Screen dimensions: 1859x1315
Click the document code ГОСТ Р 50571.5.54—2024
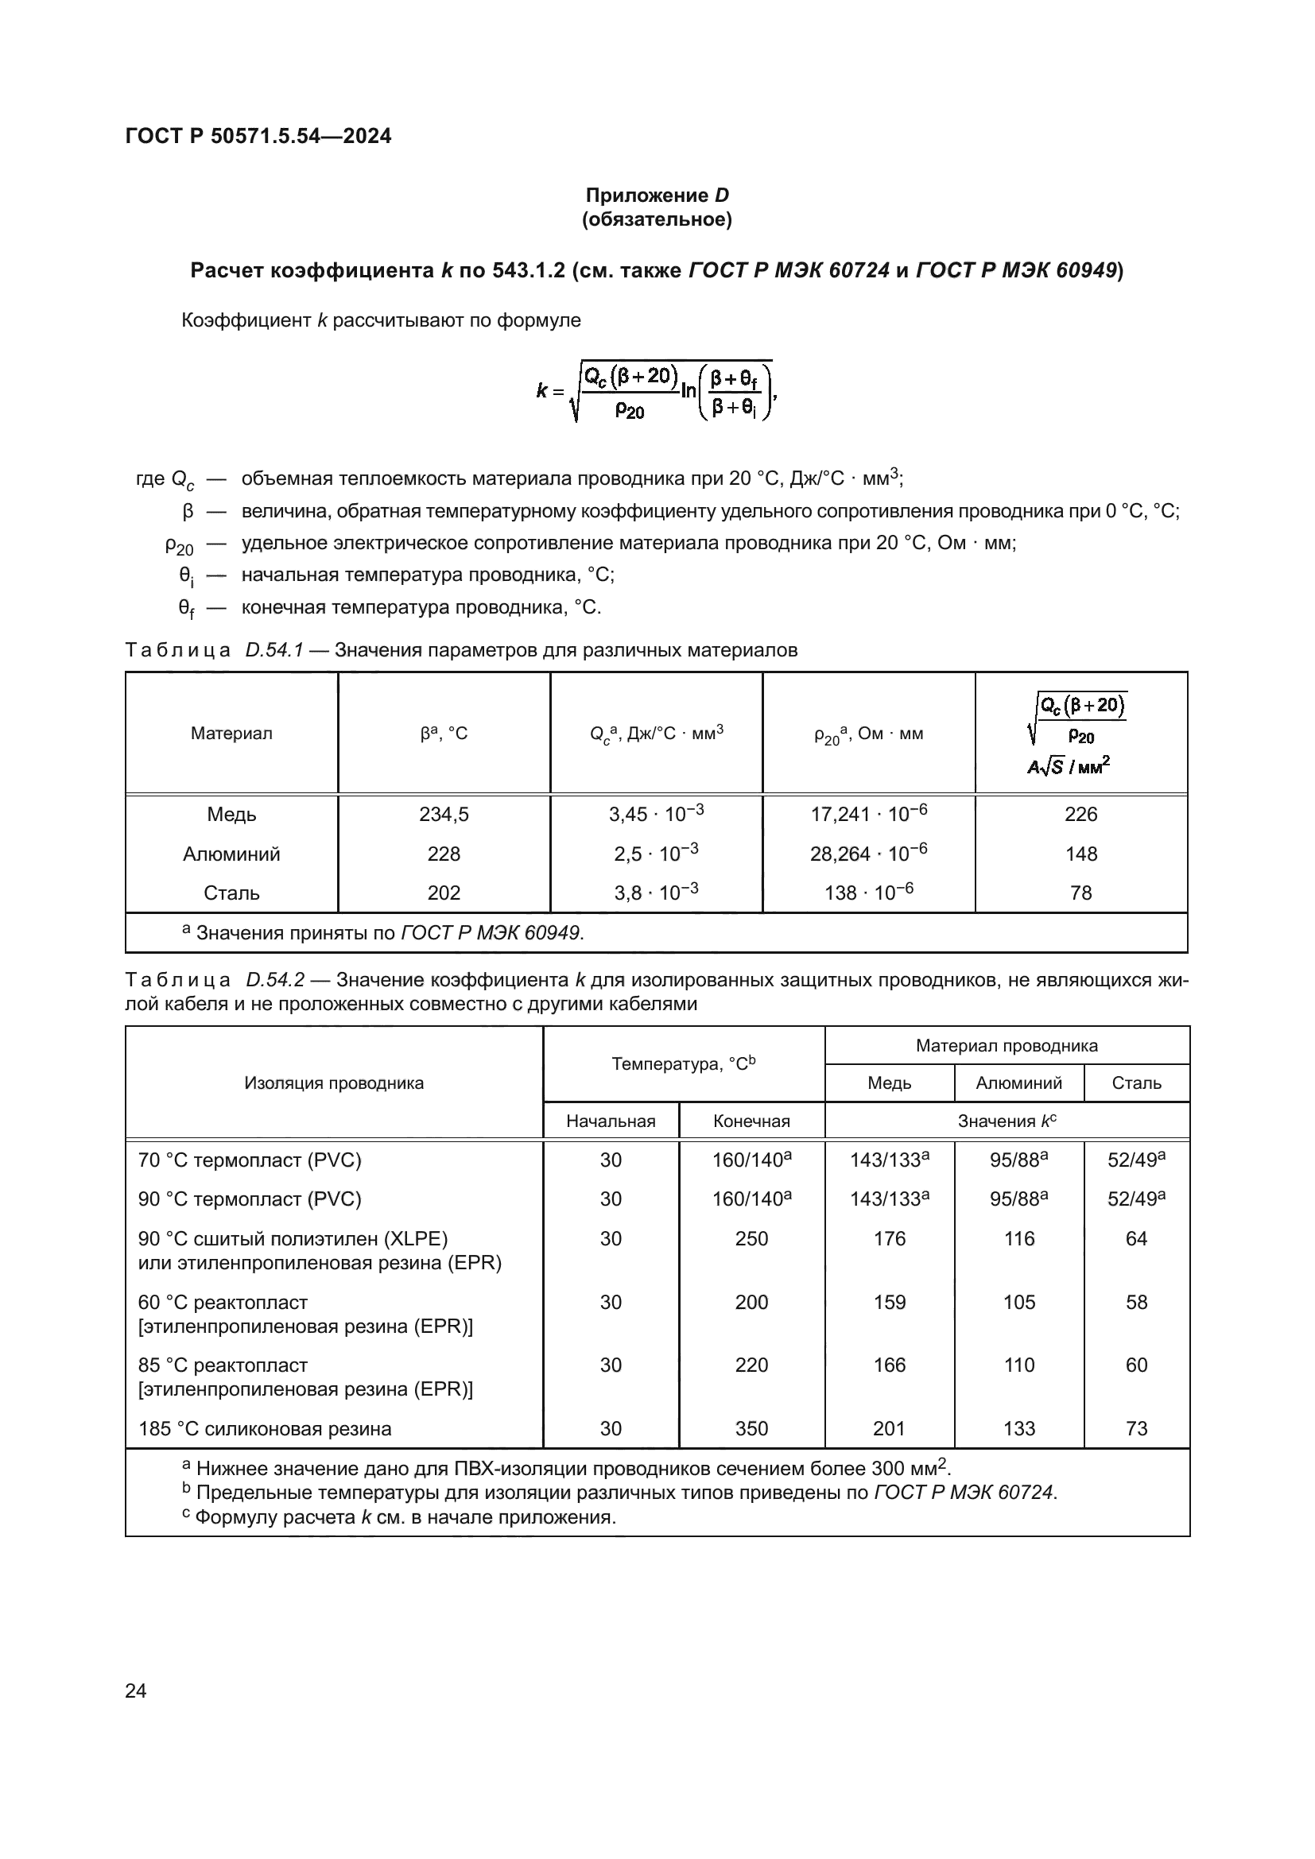click(x=258, y=136)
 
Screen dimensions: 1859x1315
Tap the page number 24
click(x=136, y=1690)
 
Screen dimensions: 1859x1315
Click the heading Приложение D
click(x=657, y=196)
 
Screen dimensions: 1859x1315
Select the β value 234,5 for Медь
click(x=444, y=815)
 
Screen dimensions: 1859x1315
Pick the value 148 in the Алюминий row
click(x=1080, y=854)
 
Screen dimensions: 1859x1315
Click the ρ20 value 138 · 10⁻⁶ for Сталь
click(x=868, y=893)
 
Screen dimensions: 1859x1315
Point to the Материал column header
click(x=231, y=734)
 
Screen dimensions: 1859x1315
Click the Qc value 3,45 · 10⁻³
click(x=656, y=815)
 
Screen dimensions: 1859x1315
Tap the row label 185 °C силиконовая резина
click(x=265, y=1428)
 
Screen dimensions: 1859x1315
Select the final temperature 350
click(x=751, y=1428)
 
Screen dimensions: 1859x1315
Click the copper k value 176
click(x=889, y=1238)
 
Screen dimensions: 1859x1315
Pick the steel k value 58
click(x=1136, y=1302)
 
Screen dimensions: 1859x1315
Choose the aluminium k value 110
click(x=1018, y=1365)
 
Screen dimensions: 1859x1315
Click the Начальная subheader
click(x=611, y=1121)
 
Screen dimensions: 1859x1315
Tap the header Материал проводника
click(x=1007, y=1045)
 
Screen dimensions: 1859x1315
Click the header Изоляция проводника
click(x=334, y=1083)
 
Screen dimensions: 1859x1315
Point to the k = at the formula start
click(x=550, y=391)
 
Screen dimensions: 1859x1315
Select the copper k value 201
click(x=889, y=1428)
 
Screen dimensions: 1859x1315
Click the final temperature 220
click(x=751, y=1365)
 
